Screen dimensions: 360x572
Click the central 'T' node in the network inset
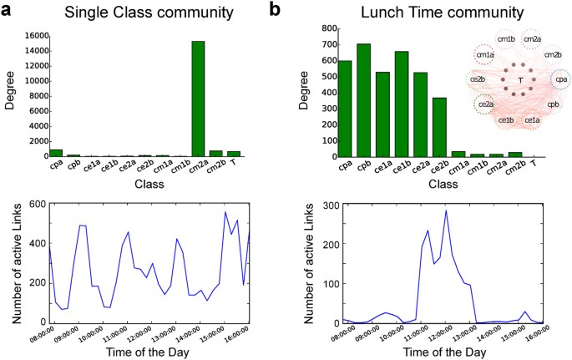click(x=520, y=80)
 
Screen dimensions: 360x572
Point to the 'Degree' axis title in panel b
click(x=304, y=92)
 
